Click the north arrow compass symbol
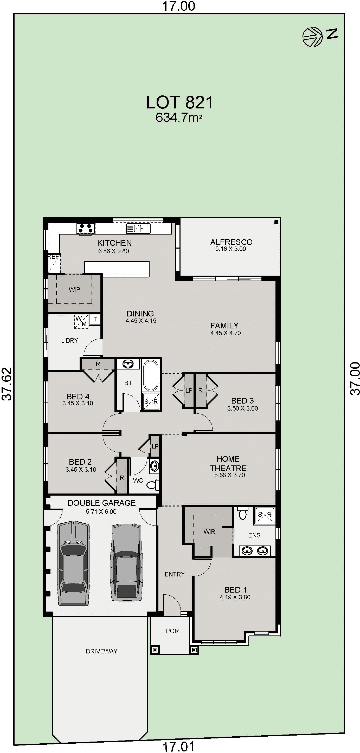pos(313,37)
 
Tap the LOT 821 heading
pos(179,102)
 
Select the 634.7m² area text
pos(179,118)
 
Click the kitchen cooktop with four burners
pos(85,228)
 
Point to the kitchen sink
pos(138,228)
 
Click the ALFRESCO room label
pos(231,242)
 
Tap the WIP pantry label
pos(74,289)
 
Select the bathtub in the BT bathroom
pos(151,375)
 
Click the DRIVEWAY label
pos(101,651)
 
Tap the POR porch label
pos(172,631)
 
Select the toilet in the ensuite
pos(242,513)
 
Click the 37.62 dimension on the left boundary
pos(7,384)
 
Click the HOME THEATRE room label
pos(228,463)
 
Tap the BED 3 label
pos(242,400)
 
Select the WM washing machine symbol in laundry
pos(81,321)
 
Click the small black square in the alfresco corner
pos(276,222)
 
